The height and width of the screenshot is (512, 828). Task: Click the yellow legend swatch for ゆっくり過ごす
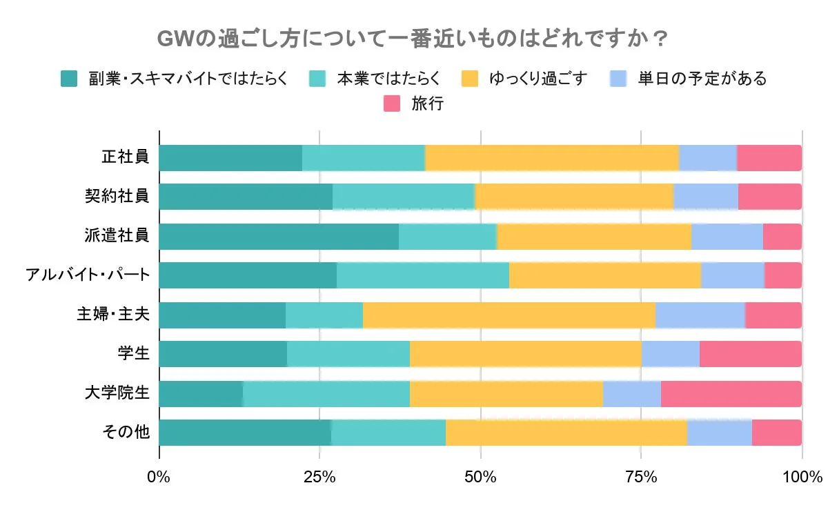pyautogui.click(x=470, y=78)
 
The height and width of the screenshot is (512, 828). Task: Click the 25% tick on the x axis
pyautogui.click(x=319, y=477)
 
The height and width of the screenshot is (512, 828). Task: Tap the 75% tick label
pyautogui.click(x=641, y=477)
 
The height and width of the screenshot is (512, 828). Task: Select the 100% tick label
pyautogui.click(x=802, y=477)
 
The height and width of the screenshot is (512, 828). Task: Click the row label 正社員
pyautogui.click(x=125, y=157)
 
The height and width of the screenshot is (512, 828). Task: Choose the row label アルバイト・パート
pyautogui.click(x=87, y=275)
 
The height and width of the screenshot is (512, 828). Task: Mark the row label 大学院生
pyautogui.click(x=117, y=393)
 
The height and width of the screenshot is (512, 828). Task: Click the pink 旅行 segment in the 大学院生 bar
pyautogui.click(x=731, y=393)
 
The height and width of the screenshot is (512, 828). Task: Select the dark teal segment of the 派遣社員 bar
pyautogui.click(x=279, y=236)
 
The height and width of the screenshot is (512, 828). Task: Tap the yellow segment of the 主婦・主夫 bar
pyautogui.click(x=509, y=315)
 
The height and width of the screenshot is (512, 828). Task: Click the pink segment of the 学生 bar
pyautogui.click(x=750, y=354)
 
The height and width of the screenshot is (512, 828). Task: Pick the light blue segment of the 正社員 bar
pyautogui.click(x=707, y=157)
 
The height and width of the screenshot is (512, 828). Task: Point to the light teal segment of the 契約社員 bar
pyautogui.click(x=404, y=197)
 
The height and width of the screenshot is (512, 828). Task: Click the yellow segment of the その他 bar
pyautogui.click(x=566, y=433)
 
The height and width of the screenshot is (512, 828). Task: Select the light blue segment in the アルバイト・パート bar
pyautogui.click(x=732, y=275)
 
